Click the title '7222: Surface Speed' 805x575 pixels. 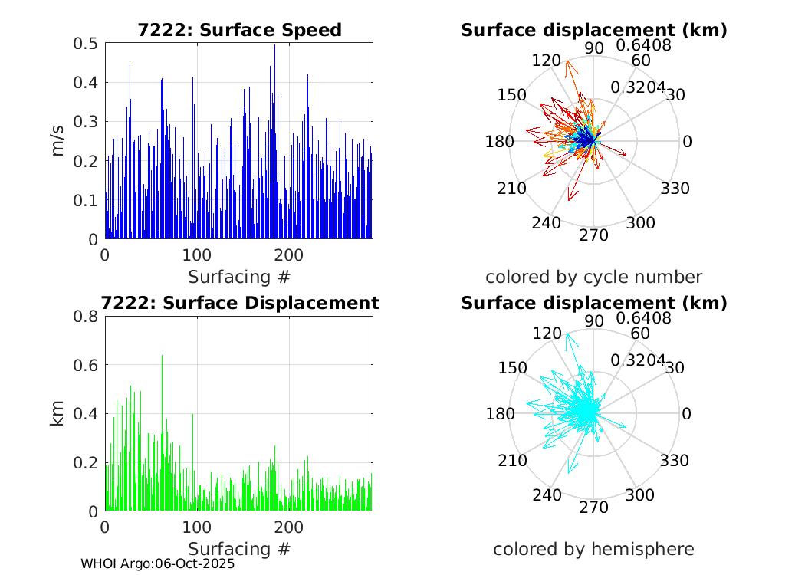click(x=239, y=30)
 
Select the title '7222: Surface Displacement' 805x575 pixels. click(x=242, y=303)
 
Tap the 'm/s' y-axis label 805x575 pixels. click(x=59, y=141)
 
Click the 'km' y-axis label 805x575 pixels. click(x=59, y=413)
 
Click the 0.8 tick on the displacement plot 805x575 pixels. click(x=87, y=316)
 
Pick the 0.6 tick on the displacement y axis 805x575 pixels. click(x=87, y=365)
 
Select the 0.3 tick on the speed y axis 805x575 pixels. click(x=87, y=122)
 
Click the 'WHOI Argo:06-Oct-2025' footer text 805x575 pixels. click(x=158, y=563)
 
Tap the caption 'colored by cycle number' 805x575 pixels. click(x=593, y=277)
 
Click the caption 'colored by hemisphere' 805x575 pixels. click(x=593, y=549)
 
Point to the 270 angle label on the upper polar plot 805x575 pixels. click(x=593, y=235)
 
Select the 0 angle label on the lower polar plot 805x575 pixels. click(x=687, y=414)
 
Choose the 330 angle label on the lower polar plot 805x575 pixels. click(x=675, y=461)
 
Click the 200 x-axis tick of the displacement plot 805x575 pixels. click(x=289, y=528)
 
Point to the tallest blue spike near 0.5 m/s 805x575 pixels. click(x=274, y=46)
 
